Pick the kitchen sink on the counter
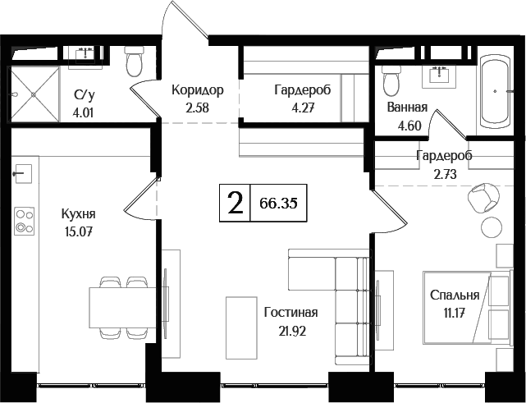coord(23,173)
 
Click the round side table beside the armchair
coord(492,227)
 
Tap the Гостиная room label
coord(290,313)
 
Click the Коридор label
coord(197,89)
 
